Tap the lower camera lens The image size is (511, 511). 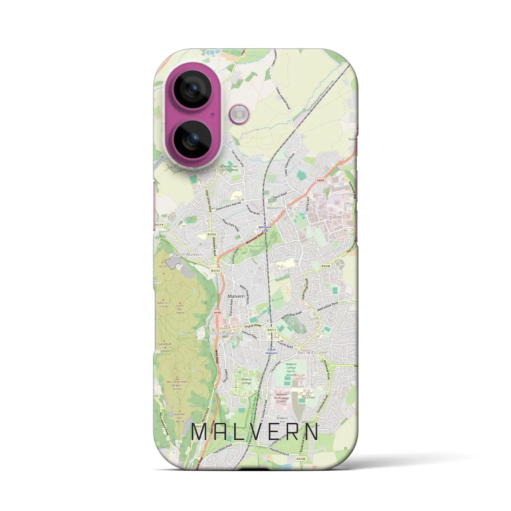194,139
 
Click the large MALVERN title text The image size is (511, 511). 255,432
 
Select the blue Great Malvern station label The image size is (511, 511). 271,351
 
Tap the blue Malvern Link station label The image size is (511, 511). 265,229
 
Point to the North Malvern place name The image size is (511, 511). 188,254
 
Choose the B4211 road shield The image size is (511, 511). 272,330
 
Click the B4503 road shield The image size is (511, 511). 212,235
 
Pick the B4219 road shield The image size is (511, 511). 158,225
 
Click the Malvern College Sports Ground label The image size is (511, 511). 291,369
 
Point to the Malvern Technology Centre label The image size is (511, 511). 281,397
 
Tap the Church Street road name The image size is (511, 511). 253,325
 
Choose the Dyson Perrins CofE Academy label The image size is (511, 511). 228,168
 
